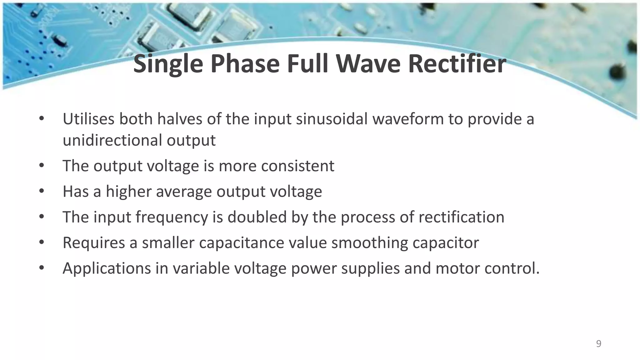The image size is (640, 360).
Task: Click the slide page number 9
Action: pyautogui.click(x=598, y=344)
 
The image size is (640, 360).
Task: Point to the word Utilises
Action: pyautogui.click(x=88, y=119)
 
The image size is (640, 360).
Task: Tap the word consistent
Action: pyautogui.click(x=297, y=166)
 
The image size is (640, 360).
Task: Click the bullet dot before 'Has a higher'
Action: pyautogui.click(x=42, y=191)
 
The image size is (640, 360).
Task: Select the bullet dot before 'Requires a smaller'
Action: pyautogui.click(x=42, y=242)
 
